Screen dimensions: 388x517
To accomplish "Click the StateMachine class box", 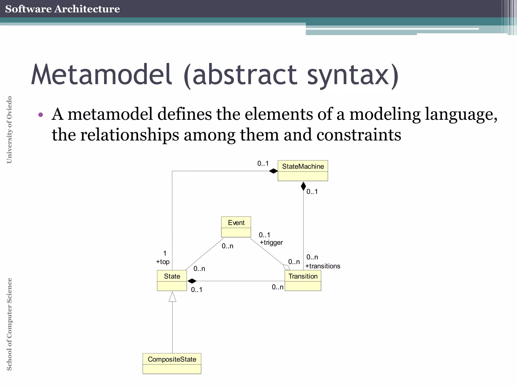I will [303, 171].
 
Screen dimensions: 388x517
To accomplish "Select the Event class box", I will [236, 227].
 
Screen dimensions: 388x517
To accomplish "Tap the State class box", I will [172, 280].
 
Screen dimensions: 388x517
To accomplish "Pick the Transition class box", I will [303, 280].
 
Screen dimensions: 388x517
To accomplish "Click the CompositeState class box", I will [172, 363].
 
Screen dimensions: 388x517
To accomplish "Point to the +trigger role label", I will [271, 243].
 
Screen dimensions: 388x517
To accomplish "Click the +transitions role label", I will [323, 266].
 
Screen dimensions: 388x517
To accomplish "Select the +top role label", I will [163, 262].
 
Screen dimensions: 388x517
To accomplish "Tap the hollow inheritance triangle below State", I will [172, 297].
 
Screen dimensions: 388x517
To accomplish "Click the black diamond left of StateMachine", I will [273, 171].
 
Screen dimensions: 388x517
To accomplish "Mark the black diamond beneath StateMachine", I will [303, 186].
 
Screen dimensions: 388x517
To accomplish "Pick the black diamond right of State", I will [192, 281].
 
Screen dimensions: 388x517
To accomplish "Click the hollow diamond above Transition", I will [287, 268].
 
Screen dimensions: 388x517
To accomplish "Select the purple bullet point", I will [41, 115].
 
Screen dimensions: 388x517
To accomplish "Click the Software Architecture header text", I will [62, 9].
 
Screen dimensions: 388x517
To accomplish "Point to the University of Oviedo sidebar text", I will [9, 130].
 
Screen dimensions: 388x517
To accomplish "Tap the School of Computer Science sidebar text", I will [9, 324].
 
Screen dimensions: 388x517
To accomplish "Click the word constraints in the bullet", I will [358, 135].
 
